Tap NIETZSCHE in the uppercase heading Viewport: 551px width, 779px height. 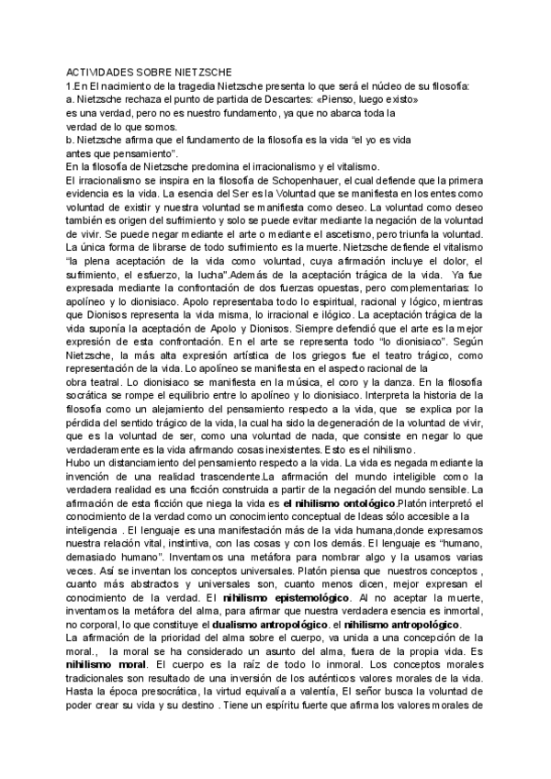(x=202, y=73)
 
